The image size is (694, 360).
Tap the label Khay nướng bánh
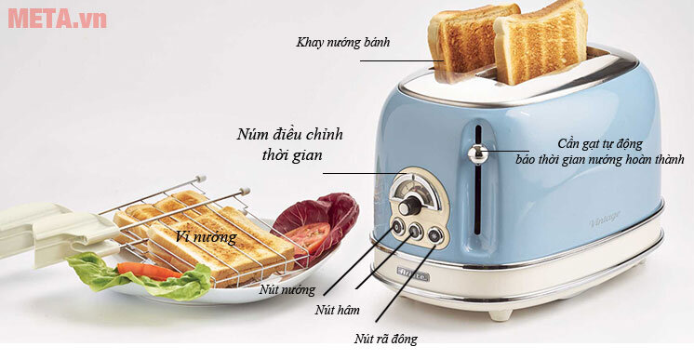[x=342, y=42]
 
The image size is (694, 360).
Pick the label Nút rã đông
[x=385, y=339]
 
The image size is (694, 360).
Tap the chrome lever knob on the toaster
[x=478, y=153]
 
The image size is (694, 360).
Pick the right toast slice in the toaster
[x=540, y=43]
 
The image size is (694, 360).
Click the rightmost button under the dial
[x=434, y=235]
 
